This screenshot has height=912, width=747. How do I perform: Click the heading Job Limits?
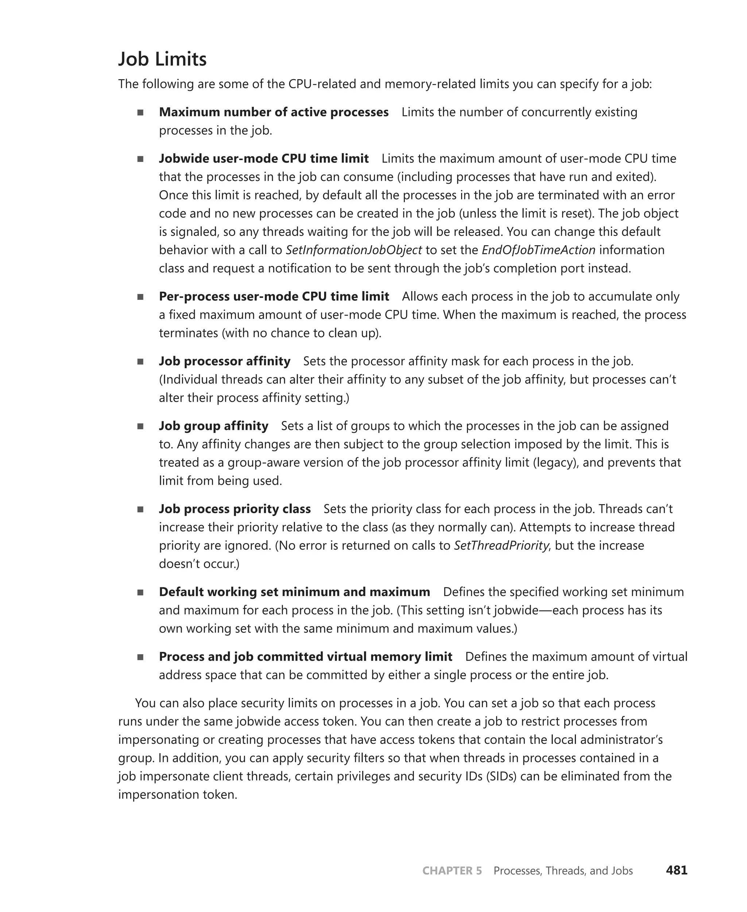162,59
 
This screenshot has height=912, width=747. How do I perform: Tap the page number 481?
677,870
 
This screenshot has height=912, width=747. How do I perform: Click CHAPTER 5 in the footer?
452,871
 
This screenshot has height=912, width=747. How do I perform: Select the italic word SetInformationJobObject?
354,250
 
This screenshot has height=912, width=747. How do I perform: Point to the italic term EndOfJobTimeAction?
538,250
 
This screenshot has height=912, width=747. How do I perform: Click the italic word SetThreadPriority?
501,546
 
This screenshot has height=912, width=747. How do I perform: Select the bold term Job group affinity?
213,426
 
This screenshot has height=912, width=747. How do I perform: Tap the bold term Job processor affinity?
225,361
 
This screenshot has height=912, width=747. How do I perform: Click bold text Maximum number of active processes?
274,112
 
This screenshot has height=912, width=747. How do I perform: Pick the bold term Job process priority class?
235,509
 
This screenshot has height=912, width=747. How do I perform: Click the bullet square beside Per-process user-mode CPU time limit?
140,297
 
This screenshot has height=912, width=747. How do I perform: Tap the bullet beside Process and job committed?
140,657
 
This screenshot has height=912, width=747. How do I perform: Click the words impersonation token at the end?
178,795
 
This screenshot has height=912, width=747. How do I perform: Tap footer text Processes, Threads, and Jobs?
563,871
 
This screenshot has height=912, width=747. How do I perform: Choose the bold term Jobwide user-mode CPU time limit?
264,159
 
